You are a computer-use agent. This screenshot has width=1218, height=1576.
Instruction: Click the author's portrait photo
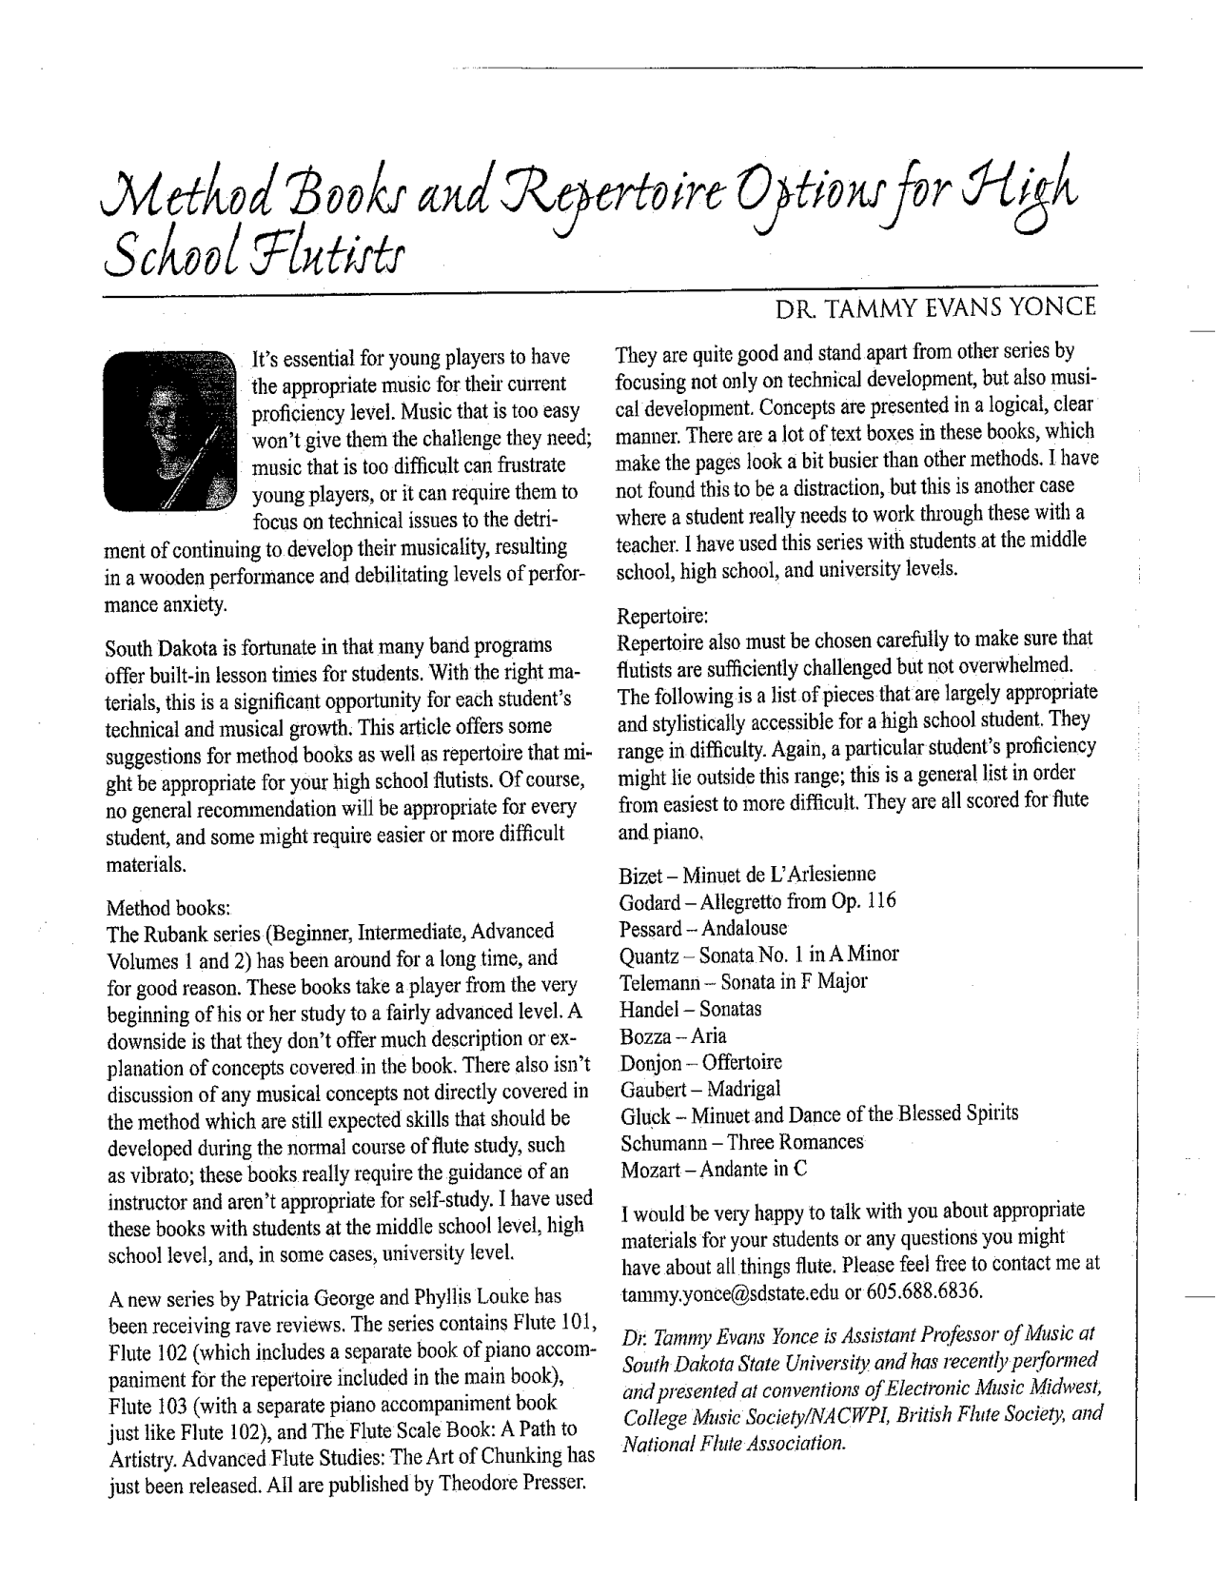pos(169,427)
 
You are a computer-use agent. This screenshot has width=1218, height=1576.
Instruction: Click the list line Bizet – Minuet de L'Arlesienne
pos(747,875)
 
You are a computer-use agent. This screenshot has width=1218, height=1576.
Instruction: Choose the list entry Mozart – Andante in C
pos(714,1169)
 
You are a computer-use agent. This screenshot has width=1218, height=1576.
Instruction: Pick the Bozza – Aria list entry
pos(673,1036)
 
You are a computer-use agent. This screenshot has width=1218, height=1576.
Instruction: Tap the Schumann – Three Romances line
pos(741,1142)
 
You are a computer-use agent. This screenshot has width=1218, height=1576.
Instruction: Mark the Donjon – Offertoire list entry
pos(700,1063)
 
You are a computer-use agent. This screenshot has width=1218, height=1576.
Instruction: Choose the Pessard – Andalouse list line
pos(703,928)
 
